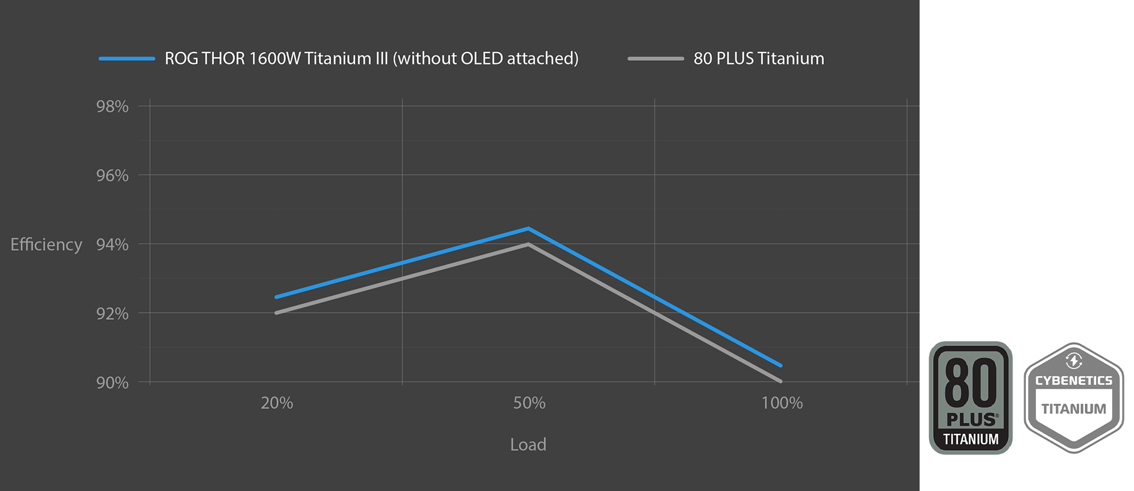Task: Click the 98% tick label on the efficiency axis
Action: [112, 107]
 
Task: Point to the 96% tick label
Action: [112, 176]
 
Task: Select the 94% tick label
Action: [112, 245]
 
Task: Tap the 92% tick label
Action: [112, 314]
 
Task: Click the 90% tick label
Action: [112, 383]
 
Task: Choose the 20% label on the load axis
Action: [276, 403]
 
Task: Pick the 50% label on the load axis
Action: [529, 403]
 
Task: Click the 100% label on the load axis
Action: [782, 403]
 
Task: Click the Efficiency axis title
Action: [46, 244]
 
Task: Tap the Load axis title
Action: [528, 444]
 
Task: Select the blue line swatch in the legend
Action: [126, 58]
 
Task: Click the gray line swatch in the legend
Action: [656, 58]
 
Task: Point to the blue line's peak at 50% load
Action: [529, 228]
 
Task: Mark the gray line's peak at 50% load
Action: [529, 244]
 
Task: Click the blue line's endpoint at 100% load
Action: [781, 365]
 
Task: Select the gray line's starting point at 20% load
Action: [276, 313]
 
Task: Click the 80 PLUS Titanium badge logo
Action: [970, 398]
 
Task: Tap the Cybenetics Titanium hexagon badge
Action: [1073, 398]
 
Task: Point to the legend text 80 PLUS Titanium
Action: [758, 58]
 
